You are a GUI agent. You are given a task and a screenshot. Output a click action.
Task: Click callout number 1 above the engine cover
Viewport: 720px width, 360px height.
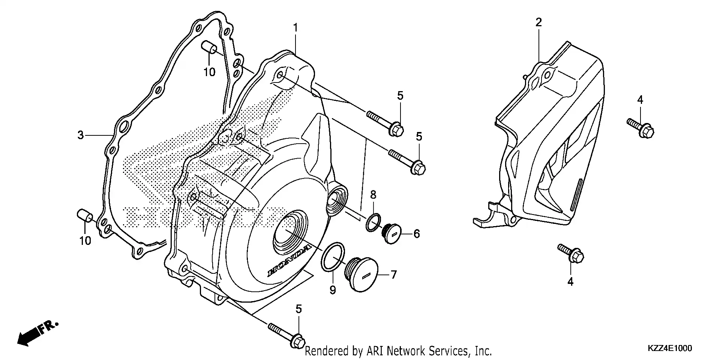tap(295, 28)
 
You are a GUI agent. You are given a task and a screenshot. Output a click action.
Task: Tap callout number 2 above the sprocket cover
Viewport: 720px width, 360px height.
tap(538, 22)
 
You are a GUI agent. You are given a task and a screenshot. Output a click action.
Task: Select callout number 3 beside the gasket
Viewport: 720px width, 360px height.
tap(81, 135)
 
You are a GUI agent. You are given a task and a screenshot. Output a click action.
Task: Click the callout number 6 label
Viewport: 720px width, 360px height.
tap(417, 234)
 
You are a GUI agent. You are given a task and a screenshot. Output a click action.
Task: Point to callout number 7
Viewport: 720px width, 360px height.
tap(393, 275)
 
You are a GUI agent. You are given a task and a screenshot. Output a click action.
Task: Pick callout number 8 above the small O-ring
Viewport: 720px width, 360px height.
tap(373, 195)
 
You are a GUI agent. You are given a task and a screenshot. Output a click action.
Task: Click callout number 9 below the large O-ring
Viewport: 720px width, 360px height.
tap(333, 290)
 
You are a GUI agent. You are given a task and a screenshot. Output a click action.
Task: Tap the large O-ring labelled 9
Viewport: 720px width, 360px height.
tap(333, 256)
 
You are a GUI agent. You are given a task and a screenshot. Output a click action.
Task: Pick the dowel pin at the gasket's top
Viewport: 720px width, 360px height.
tap(209, 48)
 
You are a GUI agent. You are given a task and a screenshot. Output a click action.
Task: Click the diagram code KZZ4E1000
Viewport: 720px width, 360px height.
tap(669, 349)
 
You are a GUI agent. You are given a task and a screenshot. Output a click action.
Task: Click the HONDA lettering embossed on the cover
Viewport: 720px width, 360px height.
tap(289, 261)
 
